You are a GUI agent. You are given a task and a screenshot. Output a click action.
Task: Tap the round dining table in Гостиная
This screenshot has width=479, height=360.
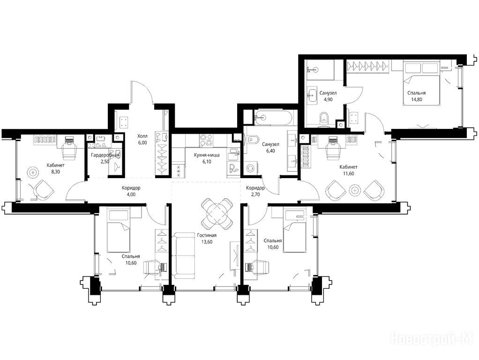point(218,214)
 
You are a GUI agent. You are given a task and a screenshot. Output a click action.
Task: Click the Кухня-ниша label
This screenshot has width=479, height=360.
point(207,155)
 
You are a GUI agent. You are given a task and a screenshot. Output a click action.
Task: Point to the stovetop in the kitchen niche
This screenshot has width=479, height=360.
point(206,140)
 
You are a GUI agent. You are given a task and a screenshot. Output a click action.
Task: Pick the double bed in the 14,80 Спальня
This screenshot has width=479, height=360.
point(421,84)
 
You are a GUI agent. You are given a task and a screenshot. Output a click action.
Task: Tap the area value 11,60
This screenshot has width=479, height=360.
point(348,173)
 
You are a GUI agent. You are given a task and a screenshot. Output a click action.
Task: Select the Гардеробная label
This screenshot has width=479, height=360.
point(105,155)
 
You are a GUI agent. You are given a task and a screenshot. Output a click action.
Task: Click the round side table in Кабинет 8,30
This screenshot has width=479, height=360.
point(33,172)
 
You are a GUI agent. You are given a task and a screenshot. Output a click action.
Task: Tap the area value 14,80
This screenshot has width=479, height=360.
point(416,99)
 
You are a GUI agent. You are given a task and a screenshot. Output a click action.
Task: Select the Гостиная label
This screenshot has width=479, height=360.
point(207,235)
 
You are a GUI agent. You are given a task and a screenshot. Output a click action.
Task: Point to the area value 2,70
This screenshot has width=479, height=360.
point(255,194)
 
